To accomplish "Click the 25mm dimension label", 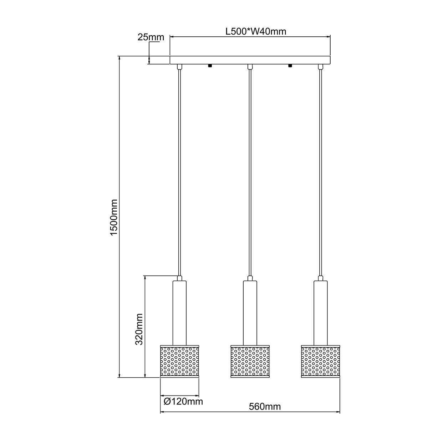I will (151, 37).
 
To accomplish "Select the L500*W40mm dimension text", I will (256, 31).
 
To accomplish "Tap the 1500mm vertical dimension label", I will (113, 218).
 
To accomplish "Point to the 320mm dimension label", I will (139, 329).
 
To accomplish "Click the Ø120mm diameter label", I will (183, 402).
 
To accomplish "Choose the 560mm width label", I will (265, 407).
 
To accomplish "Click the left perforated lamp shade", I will (179, 360).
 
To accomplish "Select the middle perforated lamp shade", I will (250, 360).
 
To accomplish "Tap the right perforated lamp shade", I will (321, 360).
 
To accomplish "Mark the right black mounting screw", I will (290, 66).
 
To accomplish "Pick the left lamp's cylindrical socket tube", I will (179, 312).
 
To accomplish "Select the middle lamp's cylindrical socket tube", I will (250, 312).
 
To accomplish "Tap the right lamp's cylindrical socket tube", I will (321, 312).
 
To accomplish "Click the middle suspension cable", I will (250, 171).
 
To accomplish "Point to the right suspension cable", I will (321, 171).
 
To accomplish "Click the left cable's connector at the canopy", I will (179, 66).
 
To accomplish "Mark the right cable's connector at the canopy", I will (321, 66).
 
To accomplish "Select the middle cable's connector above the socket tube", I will (250, 278).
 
